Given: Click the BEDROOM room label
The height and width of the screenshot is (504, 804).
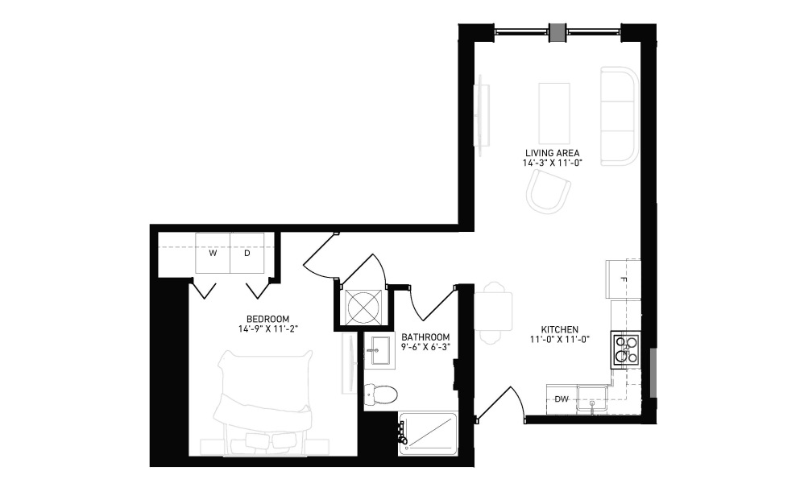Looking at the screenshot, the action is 267,319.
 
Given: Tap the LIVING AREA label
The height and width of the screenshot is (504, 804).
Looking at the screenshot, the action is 552,153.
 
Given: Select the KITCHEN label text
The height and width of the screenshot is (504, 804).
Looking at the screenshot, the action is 559,330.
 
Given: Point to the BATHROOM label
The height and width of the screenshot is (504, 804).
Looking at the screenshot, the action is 425,337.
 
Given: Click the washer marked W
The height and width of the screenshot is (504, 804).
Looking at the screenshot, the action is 213,253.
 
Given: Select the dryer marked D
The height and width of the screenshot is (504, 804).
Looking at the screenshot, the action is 247,253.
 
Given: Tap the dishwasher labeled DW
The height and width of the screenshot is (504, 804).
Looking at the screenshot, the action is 562,399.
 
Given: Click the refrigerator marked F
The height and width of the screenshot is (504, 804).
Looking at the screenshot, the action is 623,279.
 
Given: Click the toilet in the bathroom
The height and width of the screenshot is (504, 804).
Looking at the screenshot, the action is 380,395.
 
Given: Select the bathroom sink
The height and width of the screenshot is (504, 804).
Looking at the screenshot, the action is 379,350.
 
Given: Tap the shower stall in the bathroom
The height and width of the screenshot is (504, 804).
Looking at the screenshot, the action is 427,434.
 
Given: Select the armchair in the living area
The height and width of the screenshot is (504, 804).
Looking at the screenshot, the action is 549,192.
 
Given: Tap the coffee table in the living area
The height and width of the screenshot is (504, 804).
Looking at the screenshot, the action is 554,114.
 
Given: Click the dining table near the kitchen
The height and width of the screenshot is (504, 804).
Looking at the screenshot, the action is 493,312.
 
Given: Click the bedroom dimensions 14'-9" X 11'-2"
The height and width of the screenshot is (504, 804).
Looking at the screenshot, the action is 267,329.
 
